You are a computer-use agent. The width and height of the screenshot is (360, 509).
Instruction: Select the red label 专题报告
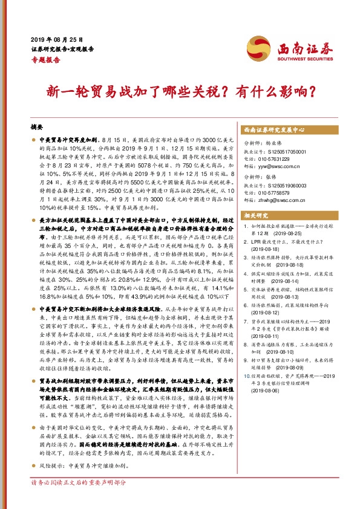click(45, 60)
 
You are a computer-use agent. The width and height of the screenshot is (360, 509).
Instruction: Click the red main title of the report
click(179, 92)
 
